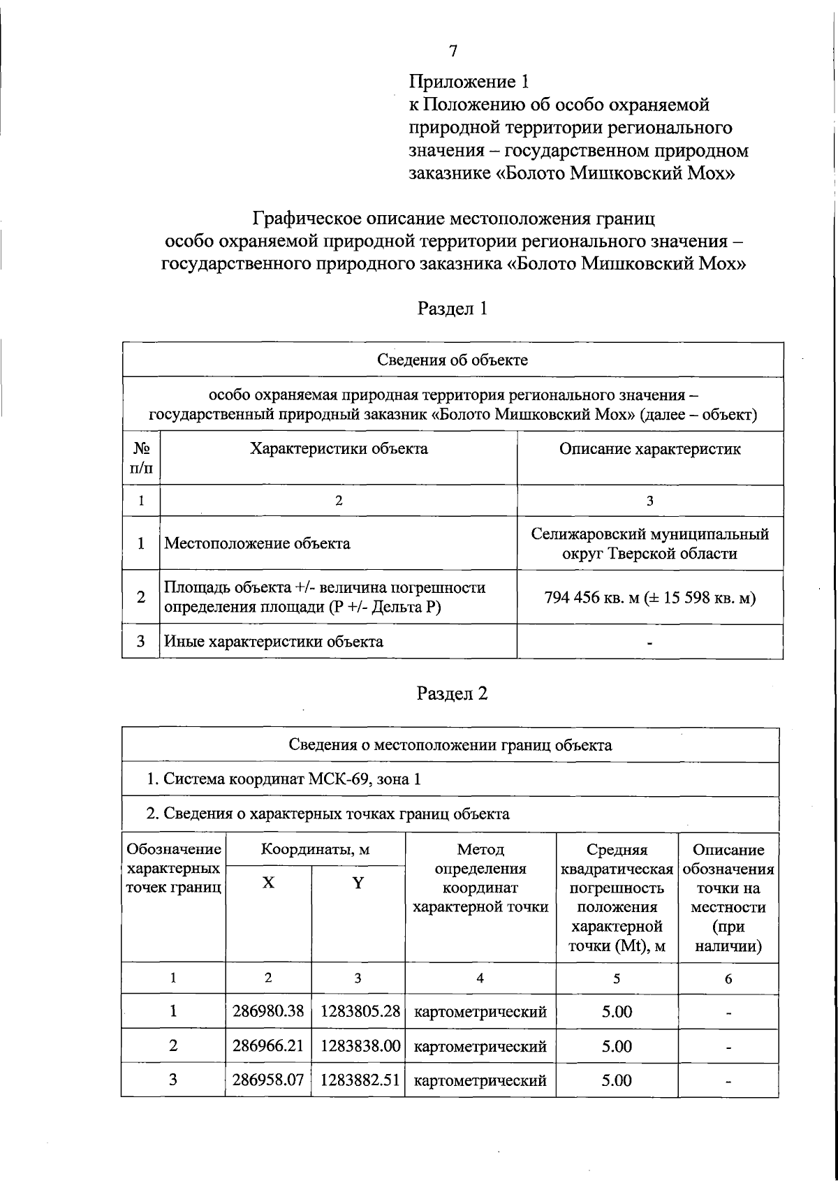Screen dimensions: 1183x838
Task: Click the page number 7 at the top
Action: (453, 50)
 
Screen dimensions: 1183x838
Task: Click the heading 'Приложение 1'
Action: (469, 82)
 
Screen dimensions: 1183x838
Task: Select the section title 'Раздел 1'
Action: (452, 308)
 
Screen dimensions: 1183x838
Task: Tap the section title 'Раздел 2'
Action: (452, 693)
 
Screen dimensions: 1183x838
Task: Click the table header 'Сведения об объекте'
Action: (453, 360)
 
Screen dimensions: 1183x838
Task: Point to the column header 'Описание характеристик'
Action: (649, 449)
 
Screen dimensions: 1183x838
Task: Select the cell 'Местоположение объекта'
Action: (257, 543)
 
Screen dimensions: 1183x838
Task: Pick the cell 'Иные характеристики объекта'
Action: (273, 641)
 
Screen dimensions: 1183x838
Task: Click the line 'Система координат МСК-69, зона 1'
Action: (283, 779)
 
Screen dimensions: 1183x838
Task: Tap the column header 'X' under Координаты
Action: (268, 883)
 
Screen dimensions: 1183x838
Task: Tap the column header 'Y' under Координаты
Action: (358, 883)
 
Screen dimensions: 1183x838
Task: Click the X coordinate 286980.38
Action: (268, 1011)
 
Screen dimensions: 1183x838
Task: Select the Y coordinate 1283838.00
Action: (360, 1046)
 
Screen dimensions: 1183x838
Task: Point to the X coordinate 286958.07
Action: (268, 1080)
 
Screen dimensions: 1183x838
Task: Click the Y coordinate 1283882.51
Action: (360, 1080)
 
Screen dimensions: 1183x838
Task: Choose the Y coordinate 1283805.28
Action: (360, 1011)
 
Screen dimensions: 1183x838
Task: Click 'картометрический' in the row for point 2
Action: (480, 1046)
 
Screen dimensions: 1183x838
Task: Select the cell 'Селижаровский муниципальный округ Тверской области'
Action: (649, 543)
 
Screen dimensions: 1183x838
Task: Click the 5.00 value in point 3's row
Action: (617, 1080)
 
